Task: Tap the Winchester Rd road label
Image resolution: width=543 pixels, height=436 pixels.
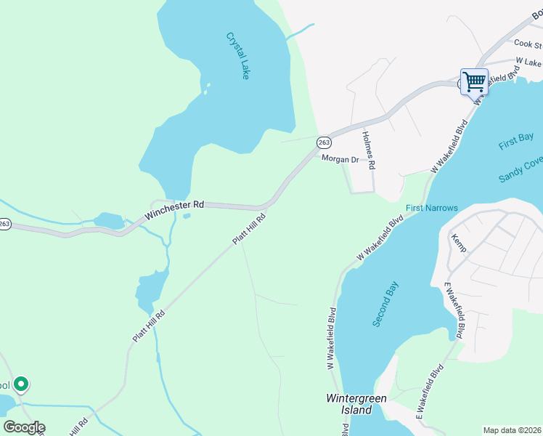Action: click(x=175, y=211)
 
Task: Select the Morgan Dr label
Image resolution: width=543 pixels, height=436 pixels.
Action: click(x=340, y=159)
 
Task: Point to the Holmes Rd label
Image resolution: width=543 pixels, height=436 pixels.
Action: click(x=368, y=150)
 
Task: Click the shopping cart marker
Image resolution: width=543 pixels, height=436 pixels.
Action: click(x=474, y=81)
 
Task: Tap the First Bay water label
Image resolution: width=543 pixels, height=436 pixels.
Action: click(x=516, y=142)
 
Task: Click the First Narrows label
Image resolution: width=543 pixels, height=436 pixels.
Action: click(x=432, y=209)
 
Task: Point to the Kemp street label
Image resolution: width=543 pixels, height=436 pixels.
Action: click(x=459, y=243)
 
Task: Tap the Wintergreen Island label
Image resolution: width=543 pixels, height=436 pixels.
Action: click(x=356, y=404)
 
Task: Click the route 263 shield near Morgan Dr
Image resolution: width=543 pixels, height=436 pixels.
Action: click(x=324, y=142)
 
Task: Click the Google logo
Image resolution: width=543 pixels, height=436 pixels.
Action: click(x=24, y=427)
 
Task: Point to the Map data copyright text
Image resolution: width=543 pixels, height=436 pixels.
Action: click(x=513, y=430)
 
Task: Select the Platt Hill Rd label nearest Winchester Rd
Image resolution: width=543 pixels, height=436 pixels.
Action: click(x=249, y=228)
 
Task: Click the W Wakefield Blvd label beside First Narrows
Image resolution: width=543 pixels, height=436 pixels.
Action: click(x=380, y=238)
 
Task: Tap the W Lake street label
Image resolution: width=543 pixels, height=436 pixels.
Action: click(x=528, y=62)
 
